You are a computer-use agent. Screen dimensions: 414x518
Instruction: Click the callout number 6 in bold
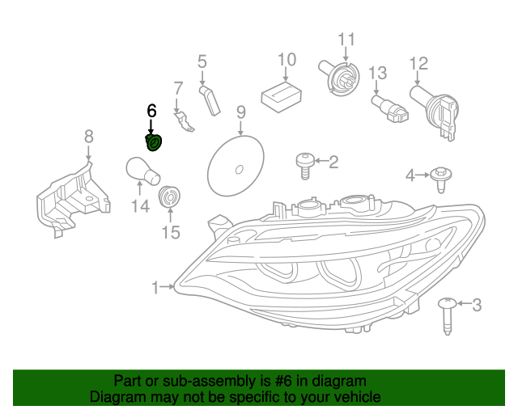(x=151, y=110)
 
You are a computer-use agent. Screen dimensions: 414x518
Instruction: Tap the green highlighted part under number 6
(x=153, y=144)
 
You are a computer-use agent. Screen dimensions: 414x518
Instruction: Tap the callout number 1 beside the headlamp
(x=155, y=286)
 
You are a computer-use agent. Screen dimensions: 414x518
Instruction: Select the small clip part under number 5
(x=210, y=100)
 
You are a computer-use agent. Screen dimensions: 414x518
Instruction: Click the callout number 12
(x=418, y=62)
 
